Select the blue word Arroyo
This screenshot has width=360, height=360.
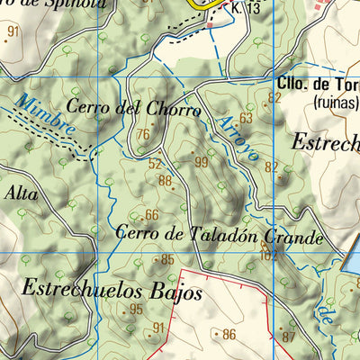point(239,136)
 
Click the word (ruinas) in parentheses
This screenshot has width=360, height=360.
point(335,103)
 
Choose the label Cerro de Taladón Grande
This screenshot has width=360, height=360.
point(219,237)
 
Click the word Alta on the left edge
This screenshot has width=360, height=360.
point(22,192)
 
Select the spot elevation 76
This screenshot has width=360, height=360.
point(142,136)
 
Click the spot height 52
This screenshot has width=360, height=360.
point(155,164)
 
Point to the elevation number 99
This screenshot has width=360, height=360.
point(201,162)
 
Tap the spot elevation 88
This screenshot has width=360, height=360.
point(165,181)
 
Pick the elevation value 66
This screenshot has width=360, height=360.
point(151,214)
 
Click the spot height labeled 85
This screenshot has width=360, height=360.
point(166,260)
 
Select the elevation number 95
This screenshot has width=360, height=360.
point(136,310)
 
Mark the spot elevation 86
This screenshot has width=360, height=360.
point(229,335)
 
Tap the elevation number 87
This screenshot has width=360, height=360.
point(287,337)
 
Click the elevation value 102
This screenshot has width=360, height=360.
point(267,255)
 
